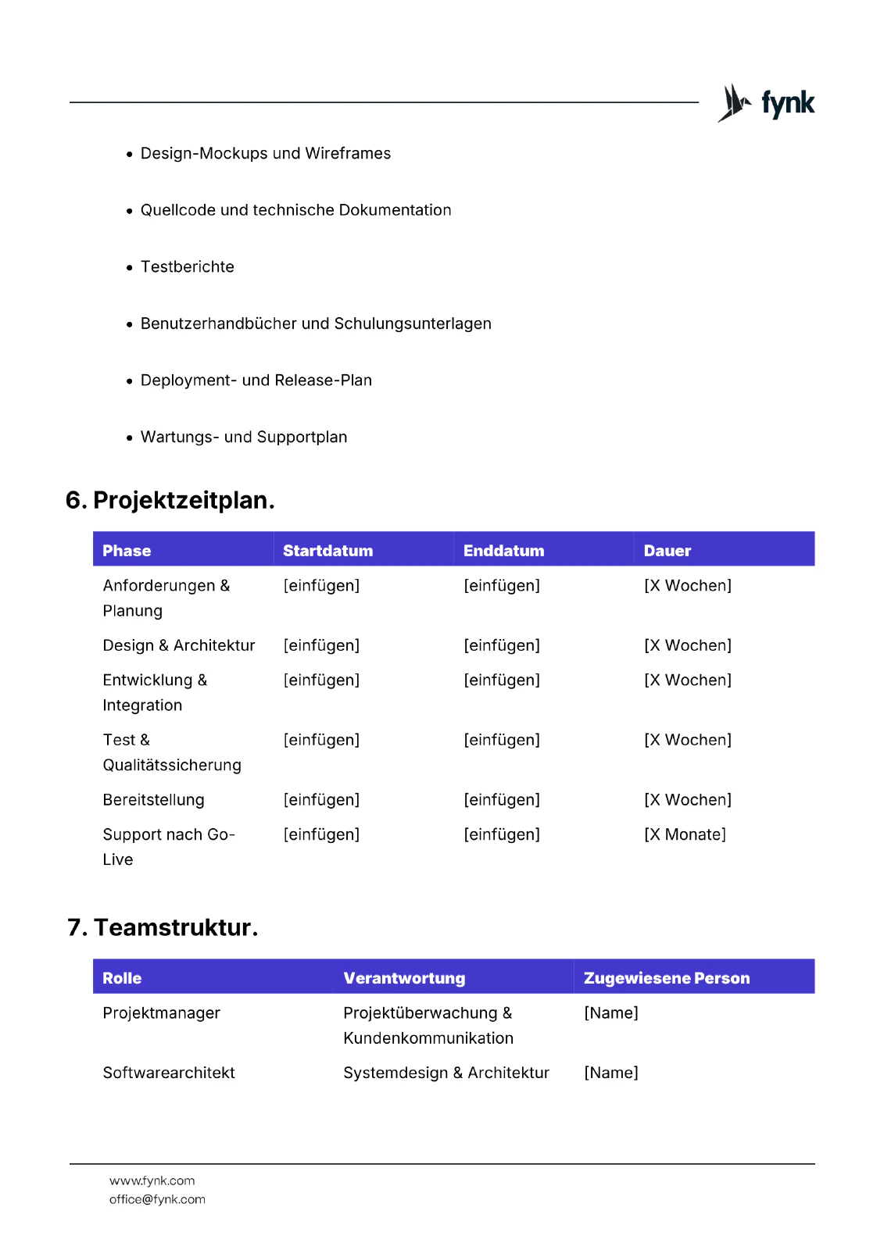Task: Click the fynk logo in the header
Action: (766, 103)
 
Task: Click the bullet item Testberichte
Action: (187, 267)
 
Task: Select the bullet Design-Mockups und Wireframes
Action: (265, 154)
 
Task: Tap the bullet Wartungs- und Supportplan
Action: (243, 437)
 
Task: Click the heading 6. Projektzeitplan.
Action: (170, 500)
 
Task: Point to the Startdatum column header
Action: (327, 551)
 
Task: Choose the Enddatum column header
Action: (503, 551)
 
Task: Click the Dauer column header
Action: (667, 551)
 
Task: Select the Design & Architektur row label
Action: (179, 645)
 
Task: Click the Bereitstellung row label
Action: (153, 800)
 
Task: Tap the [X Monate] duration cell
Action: (685, 834)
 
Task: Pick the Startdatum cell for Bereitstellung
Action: (321, 800)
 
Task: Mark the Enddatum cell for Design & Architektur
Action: (501, 645)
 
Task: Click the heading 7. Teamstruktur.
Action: (163, 927)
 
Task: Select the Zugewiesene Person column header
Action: (666, 978)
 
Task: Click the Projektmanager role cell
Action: (161, 1013)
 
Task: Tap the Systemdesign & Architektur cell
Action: (446, 1073)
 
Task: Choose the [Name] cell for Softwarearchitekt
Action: (610, 1073)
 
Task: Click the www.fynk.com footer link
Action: (152, 1181)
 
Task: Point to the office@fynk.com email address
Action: (157, 1200)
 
